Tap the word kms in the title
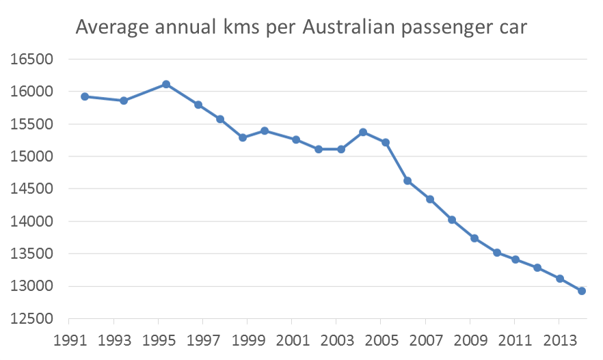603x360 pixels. click(x=234, y=28)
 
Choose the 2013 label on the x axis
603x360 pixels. click(x=559, y=340)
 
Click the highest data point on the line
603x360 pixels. click(x=166, y=84)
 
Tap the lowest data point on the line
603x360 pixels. click(x=582, y=291)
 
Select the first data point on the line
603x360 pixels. click(x=85, y=96)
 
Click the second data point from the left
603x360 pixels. click(x=124, y=100)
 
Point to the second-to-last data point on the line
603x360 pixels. click(x=560, y=279)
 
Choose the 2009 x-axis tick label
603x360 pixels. click(x=470, y=340)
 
